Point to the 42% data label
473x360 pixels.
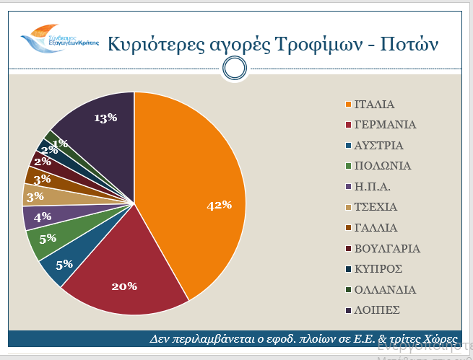click(x=219, y=206)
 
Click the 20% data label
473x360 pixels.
click(x=124, y=286)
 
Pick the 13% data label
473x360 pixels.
click(x=105, y=118)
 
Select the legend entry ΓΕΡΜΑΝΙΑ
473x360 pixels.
click(x=385, y=124)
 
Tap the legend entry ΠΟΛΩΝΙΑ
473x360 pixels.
click(x=383, y=166)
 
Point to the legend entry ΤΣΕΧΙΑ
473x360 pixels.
click(x=380, y=207)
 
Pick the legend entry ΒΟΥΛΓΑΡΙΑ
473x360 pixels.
click(x=387, y=248)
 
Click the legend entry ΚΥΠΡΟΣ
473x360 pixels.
click(x=379, y=269)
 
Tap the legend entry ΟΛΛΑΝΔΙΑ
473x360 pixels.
click(x=385, y=289)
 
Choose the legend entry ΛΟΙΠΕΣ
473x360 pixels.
click(x=377, y=310)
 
